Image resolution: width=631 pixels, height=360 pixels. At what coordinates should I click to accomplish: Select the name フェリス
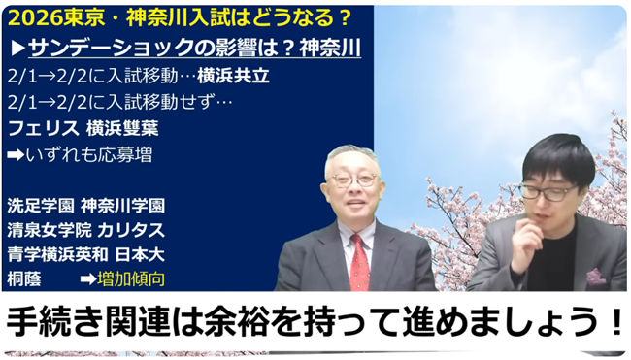click(x=42, y=127)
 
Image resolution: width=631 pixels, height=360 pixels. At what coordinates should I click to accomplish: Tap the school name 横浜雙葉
click(x=123, y=127)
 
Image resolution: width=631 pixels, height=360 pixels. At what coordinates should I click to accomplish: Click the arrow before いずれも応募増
click(x=15, y=152)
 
